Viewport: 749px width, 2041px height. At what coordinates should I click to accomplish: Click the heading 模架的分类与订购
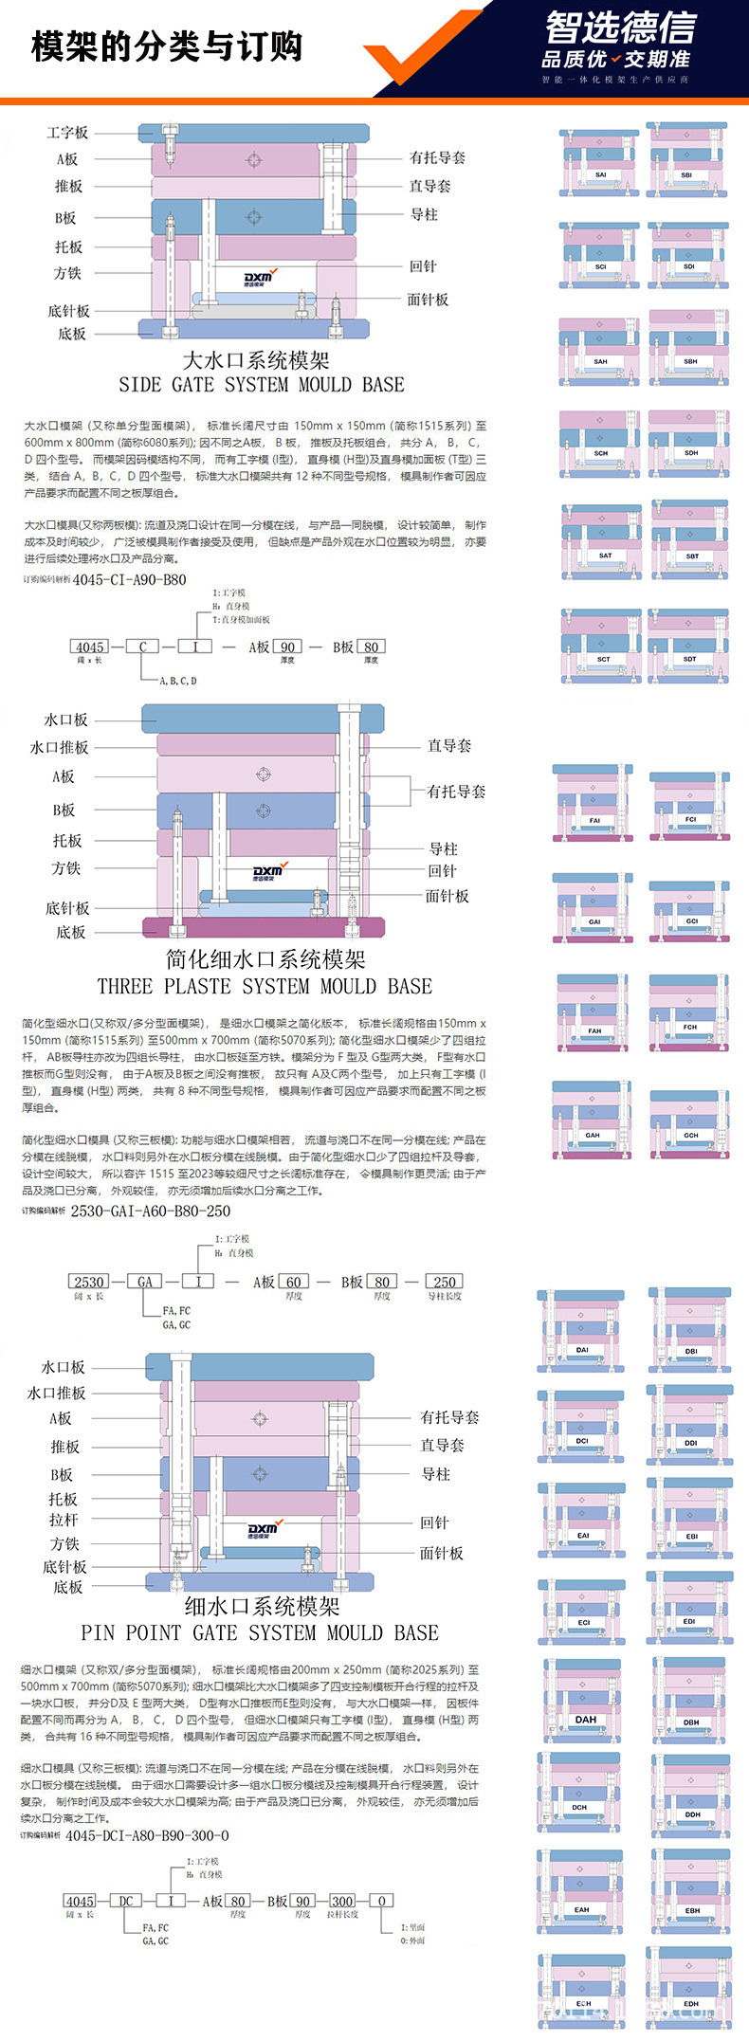point(167,46)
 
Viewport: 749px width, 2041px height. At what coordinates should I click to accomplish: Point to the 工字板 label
point(67,133)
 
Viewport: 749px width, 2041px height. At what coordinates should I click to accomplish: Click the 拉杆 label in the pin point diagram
point(64,1520)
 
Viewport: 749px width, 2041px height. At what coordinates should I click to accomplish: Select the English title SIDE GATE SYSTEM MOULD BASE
point(261,385)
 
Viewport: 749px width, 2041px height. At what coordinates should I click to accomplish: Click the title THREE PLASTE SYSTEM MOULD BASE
point(265,986)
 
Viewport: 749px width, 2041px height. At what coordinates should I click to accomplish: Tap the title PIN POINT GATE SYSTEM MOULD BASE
point(260,1632)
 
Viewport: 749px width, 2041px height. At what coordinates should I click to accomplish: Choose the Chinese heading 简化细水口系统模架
point(265,959)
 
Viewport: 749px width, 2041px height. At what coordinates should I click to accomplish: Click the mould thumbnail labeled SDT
point(688,645)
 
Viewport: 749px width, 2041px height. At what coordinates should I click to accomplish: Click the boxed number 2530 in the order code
point(89,1282)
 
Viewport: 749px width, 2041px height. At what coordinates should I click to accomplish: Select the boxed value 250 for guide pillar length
point(445,1282)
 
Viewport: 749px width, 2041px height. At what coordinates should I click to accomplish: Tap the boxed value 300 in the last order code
point(342,1901)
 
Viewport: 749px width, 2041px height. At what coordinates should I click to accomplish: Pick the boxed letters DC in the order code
point(126,1901)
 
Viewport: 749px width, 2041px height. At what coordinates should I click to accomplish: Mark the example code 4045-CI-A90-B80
point(130,579)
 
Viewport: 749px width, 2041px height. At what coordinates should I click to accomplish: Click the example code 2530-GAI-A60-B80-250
point(151,1211)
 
